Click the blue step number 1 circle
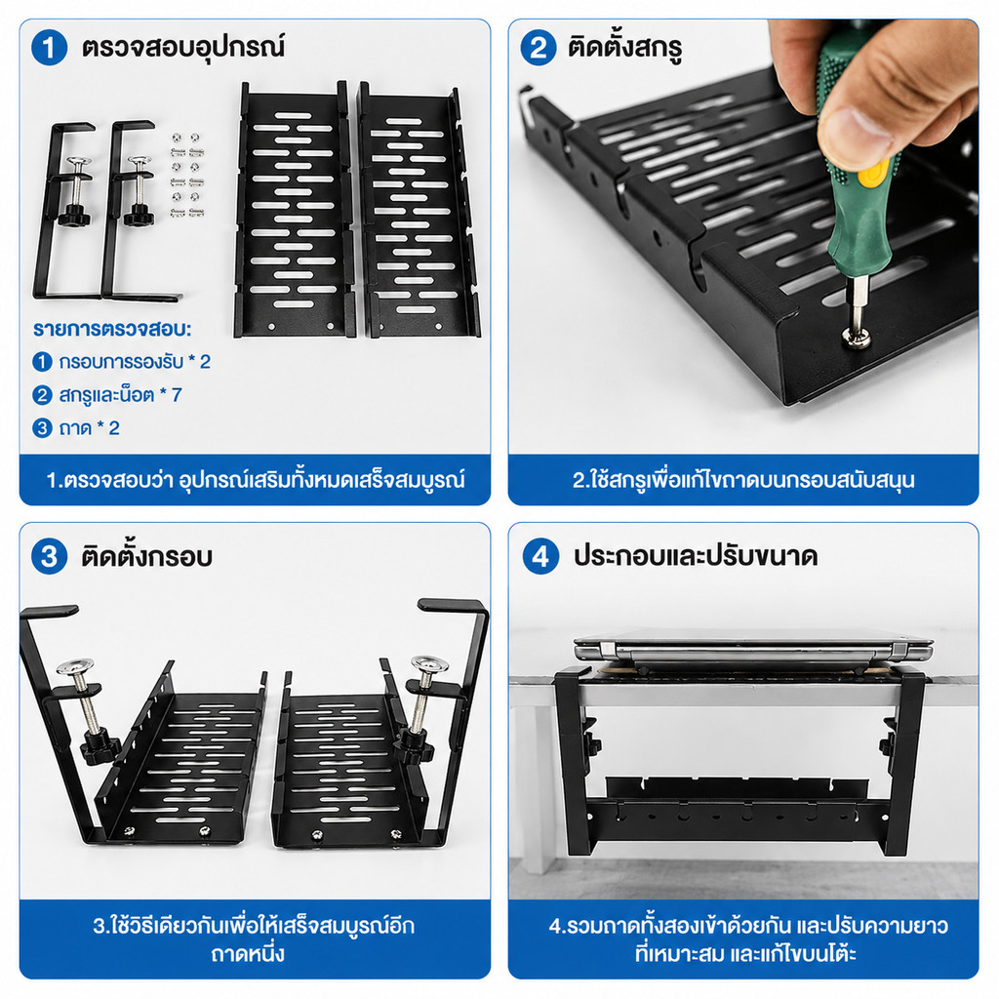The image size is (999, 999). (49, 48)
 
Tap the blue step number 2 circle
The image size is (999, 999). (539, 48)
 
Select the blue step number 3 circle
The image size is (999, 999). (49, 556)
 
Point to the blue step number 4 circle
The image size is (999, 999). (540, 556)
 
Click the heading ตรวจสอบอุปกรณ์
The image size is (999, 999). (182, 48)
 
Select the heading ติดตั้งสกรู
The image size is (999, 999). (624, 48)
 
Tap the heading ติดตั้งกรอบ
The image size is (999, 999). (146, 556)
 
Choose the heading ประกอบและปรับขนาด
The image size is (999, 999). (695, 556)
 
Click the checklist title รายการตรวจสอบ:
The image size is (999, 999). (112, 330)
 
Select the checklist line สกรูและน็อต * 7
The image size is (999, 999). (107, 395)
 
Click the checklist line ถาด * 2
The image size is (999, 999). (76, 428)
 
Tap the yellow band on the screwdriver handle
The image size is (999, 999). (872, 174)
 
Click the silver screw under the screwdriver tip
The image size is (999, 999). (857, 338)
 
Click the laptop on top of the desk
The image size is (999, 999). (753, 652)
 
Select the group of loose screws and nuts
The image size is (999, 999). (186, 176)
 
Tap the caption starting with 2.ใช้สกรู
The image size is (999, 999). (742, 480)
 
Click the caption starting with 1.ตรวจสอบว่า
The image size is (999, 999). (255, 480)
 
